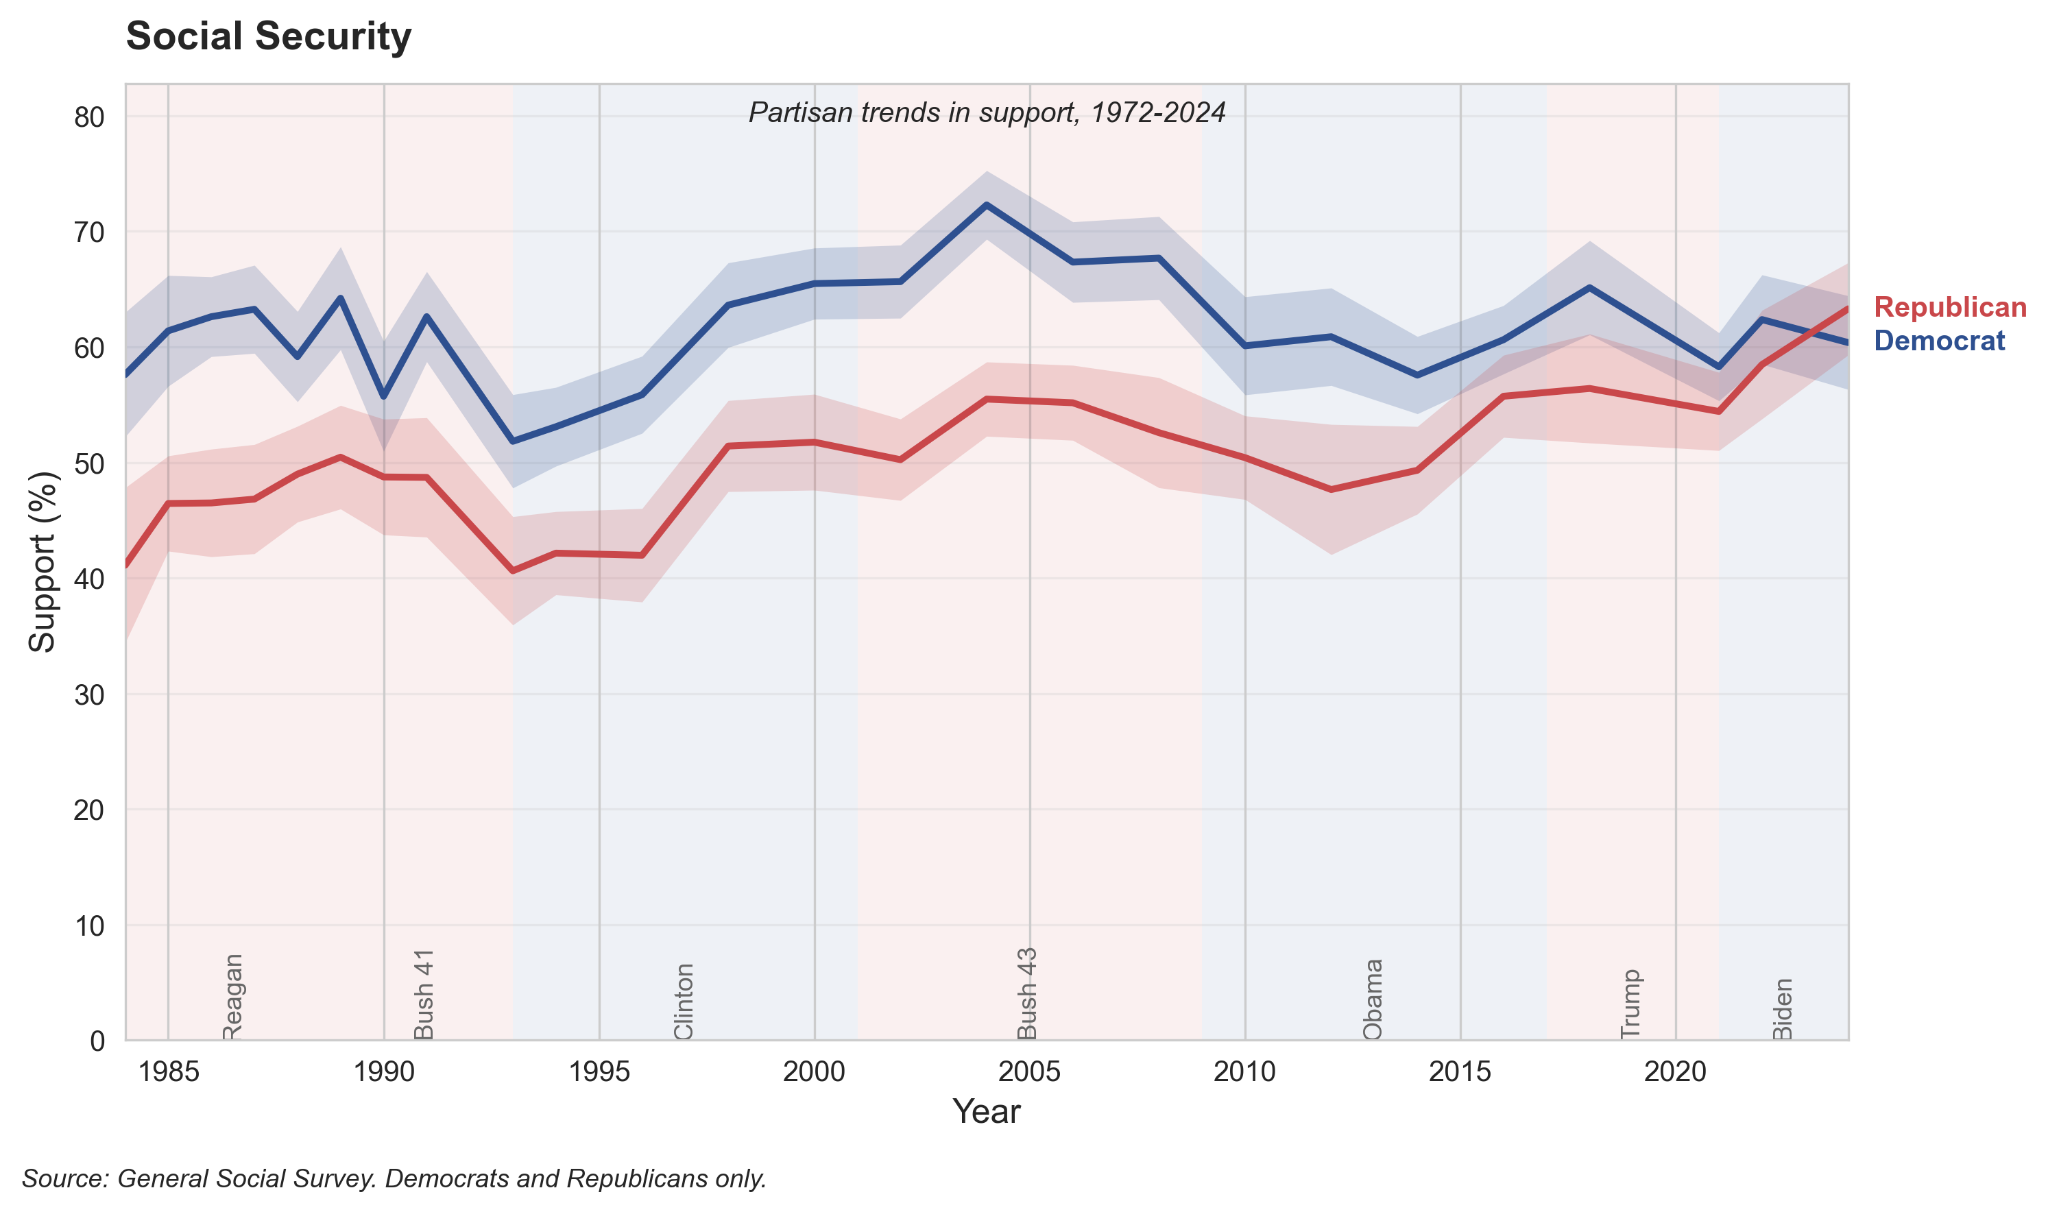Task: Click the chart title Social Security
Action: pos(268,37)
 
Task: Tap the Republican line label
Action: pos(1949,307)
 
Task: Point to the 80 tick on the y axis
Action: pos(89,118)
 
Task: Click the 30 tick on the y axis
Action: pos(89,695)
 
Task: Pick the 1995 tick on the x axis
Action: pos(599,1071)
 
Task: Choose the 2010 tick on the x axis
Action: pos(1244,1071)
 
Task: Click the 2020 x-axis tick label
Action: pos(1675,1071)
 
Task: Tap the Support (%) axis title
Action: pos(42,562)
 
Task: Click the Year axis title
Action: pos(987,1111)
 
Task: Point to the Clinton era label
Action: pos(684,1002)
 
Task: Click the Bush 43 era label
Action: pos(1026,993)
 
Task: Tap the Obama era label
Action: pos(1373,999)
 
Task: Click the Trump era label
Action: pos(1630,1004)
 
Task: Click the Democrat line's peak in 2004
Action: pos(987,205)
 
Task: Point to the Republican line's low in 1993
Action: pos(513,571)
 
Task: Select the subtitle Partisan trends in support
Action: pos(987,112)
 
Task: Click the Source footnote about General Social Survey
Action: pos(394,1178)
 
